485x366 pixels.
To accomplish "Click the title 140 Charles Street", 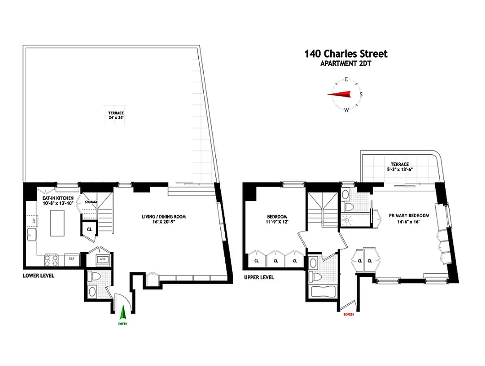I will pos(346,54).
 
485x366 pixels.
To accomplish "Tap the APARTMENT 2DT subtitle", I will pos(346,64).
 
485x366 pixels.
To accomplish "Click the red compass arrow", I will pos(339,94).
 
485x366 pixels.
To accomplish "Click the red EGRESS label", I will pos(348,314).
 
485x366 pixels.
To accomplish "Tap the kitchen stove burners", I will pos(51,260).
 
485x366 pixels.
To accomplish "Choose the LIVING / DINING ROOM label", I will pos(163,219).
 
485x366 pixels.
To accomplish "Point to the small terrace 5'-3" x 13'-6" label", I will pos(399,167).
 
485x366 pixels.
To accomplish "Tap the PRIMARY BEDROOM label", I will pos(409,218).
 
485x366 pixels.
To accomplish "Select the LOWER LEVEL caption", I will pos(38,276).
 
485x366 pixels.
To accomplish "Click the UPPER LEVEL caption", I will pos(259,277).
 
